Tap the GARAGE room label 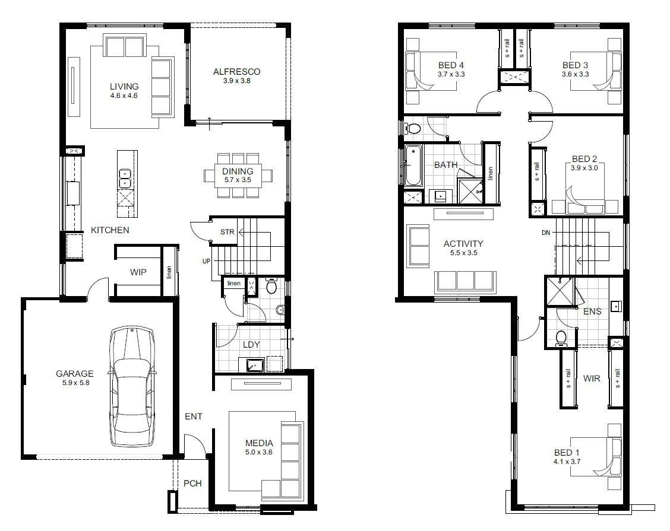[x=75, y=374]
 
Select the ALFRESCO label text [x=236, y=72]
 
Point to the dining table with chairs [x=238, y=175]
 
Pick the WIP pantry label [x=138, y=272]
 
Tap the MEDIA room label [x=259, y=443]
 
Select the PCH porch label [x=192, y=483]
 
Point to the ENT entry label [x=193, y=416]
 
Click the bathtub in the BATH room [x=412, y=166]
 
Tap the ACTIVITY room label [x=463, y=243]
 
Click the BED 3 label [x=575, y=65]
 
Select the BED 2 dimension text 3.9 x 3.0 [x=584, y=168]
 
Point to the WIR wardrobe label [x=592, y=378]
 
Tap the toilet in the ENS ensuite [x=560, y=337]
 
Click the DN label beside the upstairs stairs [x=545, y=233]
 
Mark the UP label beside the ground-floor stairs [x=206, y=261]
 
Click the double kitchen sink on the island [x=125, y=174]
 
